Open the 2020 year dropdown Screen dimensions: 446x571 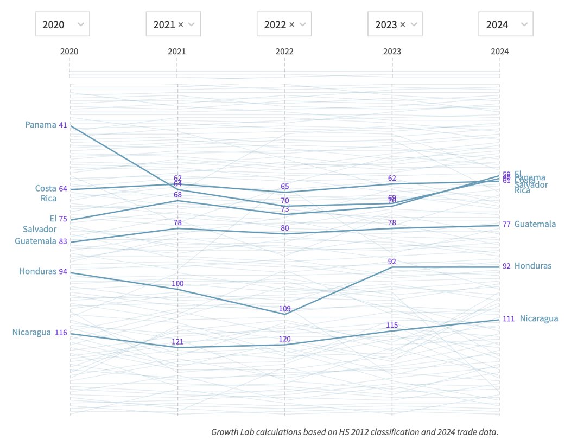tap(62, 24)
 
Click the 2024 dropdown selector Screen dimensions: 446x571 tap(505, 24)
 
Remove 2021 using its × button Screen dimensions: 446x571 tap(180, 24)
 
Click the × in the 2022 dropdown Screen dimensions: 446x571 tap(291, 24)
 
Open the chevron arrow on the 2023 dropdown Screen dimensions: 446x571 tap(414, 24)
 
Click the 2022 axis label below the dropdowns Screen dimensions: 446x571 tap(284, 52)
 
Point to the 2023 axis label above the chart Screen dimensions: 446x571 tap(392, 52)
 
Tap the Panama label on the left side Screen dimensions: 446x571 tap(41, 125)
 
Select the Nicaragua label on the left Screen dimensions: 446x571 tap(31, 332)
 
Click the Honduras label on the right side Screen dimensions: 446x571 tap(532, 266)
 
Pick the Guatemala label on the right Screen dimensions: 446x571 tap(535, 224)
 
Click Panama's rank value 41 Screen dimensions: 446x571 tap(63, 125)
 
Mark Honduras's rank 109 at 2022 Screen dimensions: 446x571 tap(285, 309)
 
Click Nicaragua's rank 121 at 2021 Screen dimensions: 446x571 tap(177, 341)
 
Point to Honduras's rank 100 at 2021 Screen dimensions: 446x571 tap(177, 283)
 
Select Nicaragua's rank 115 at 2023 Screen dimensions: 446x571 tap(392, 325)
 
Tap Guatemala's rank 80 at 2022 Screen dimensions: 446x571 tap(285, 228)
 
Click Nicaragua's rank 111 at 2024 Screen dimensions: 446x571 tap(508, 319)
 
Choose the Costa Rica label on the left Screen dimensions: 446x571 tap(46, 193)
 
